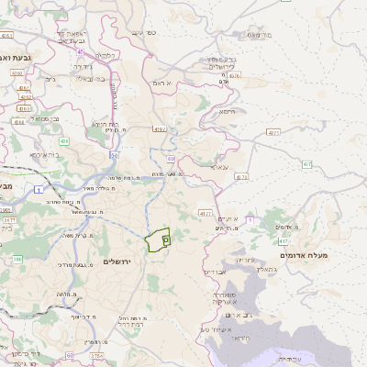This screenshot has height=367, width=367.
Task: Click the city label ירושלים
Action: (117, 261)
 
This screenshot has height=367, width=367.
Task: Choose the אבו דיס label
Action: (214, 272)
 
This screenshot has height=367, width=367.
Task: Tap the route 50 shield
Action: (112, 155)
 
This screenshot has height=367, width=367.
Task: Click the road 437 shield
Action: (306, 164)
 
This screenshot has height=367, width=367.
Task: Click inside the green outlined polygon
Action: (157, 239)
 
